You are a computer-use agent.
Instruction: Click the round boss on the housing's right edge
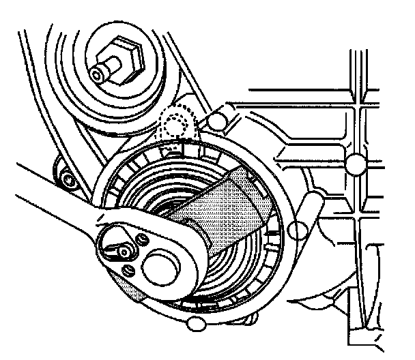tap(298, 228)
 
